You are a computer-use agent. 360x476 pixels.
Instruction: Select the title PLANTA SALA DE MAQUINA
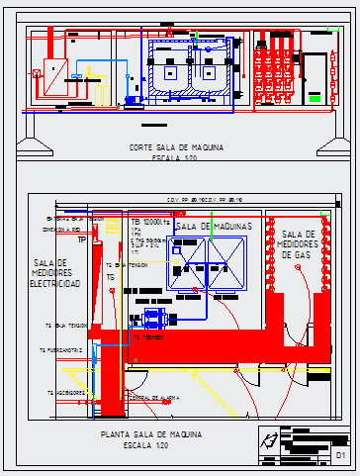(151, 435)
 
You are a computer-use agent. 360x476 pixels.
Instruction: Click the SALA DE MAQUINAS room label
(212, 228)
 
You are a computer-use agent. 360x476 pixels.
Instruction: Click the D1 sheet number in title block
(340, 455)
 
